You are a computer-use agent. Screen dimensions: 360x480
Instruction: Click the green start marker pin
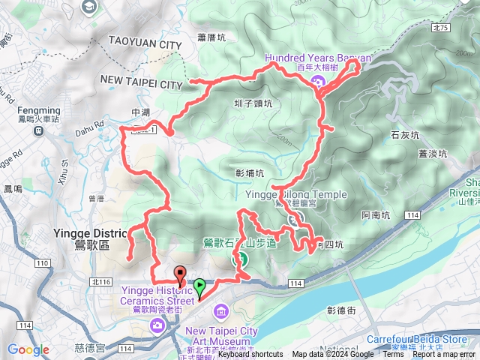[x=200, y=286]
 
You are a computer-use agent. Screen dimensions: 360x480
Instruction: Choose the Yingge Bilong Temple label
[x=296, y=194]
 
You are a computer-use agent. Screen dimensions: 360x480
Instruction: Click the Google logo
[x=28, y=349]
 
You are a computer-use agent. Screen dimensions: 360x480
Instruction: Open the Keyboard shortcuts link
[x=250, y=355]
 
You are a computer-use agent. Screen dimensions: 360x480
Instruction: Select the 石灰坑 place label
[x=403, y=135]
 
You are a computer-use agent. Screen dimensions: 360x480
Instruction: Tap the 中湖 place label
[x=141, y=113]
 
